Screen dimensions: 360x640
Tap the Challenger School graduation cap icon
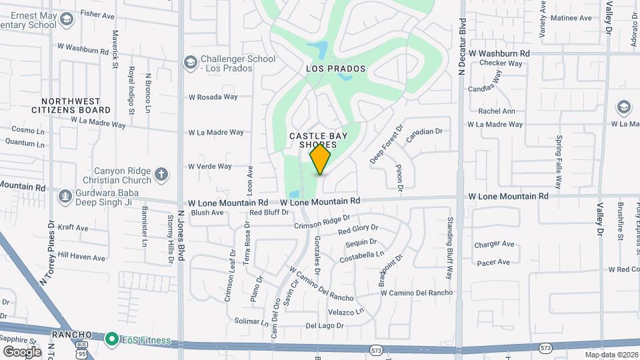coord(190,63)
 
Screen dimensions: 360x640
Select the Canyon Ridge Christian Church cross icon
coord(160,175)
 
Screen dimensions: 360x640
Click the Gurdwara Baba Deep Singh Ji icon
coord(65,195)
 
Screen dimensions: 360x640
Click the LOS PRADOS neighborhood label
coord(336,69)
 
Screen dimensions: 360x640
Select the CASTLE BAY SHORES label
coord(318,140)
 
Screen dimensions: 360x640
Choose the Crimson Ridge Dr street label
coord(322,223)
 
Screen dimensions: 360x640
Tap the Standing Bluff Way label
coord(450,246)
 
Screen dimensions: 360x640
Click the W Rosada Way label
coord(213,97)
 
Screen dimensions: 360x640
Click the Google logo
coord(22,351)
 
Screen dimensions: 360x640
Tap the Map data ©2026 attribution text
coord(611,355)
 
